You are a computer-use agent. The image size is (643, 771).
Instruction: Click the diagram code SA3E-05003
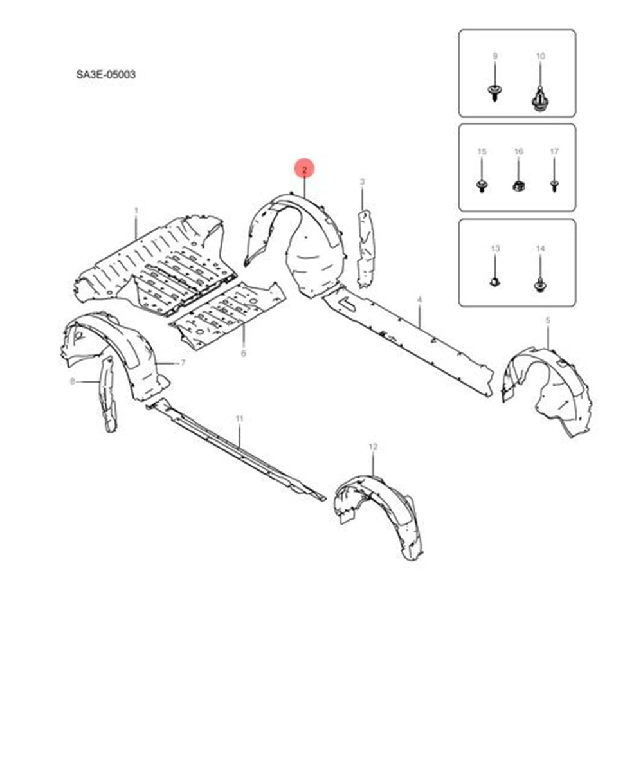[105, 75]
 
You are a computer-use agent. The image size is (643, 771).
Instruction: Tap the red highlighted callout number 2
[304, 170]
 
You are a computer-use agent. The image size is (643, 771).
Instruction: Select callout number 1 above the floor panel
[136, 210]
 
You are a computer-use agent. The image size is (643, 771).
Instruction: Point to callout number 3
[362, 183]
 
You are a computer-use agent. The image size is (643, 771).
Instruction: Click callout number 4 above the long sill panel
[419, 300]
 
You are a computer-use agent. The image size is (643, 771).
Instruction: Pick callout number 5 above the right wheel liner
[548, 320]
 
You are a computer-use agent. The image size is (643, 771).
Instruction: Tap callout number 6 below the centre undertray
[244, 354]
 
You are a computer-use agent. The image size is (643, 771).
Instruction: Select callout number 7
[183, 363]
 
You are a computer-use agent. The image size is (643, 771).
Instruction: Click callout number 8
[73, 381]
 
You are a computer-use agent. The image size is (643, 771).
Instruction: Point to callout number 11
[239, 419]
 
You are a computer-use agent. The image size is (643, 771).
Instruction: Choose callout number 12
[373, 446]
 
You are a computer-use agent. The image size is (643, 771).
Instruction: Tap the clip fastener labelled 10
[540, 100]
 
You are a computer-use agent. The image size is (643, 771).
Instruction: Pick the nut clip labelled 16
[518, 186]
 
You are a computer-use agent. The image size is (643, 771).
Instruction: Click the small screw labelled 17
[554, 186]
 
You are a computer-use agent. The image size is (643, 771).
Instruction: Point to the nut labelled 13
[495, 281]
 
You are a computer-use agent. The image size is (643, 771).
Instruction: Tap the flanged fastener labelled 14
[539, 284]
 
